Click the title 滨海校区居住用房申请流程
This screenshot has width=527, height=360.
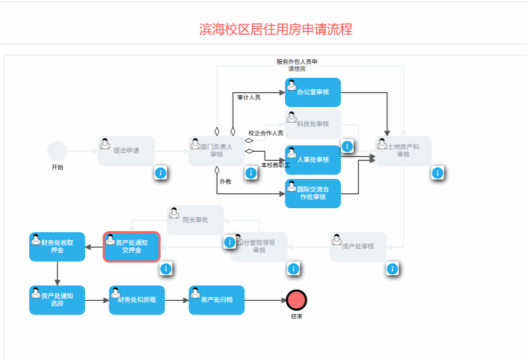276,29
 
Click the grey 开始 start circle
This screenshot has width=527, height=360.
57,151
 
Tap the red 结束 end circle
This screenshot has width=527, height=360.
297,300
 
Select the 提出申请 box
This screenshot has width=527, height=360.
126,151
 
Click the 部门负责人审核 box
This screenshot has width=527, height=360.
217,151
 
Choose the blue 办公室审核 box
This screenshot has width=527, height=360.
312,92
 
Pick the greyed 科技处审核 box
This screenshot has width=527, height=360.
313,124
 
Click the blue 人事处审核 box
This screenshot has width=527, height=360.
312,160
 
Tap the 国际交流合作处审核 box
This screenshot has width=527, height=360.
312,193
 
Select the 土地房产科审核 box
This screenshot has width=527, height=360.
403,151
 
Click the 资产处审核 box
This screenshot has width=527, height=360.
358,247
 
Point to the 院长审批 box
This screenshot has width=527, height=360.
195,220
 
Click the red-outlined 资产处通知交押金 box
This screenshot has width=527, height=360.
131,247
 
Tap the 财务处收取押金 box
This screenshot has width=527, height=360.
57,247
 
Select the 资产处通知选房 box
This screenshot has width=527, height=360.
57,300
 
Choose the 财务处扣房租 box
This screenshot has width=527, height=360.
137,300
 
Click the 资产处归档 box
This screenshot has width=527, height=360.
217,300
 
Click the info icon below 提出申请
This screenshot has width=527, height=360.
161,173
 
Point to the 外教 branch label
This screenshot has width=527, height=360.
226,182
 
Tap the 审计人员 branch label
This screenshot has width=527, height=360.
249,97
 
